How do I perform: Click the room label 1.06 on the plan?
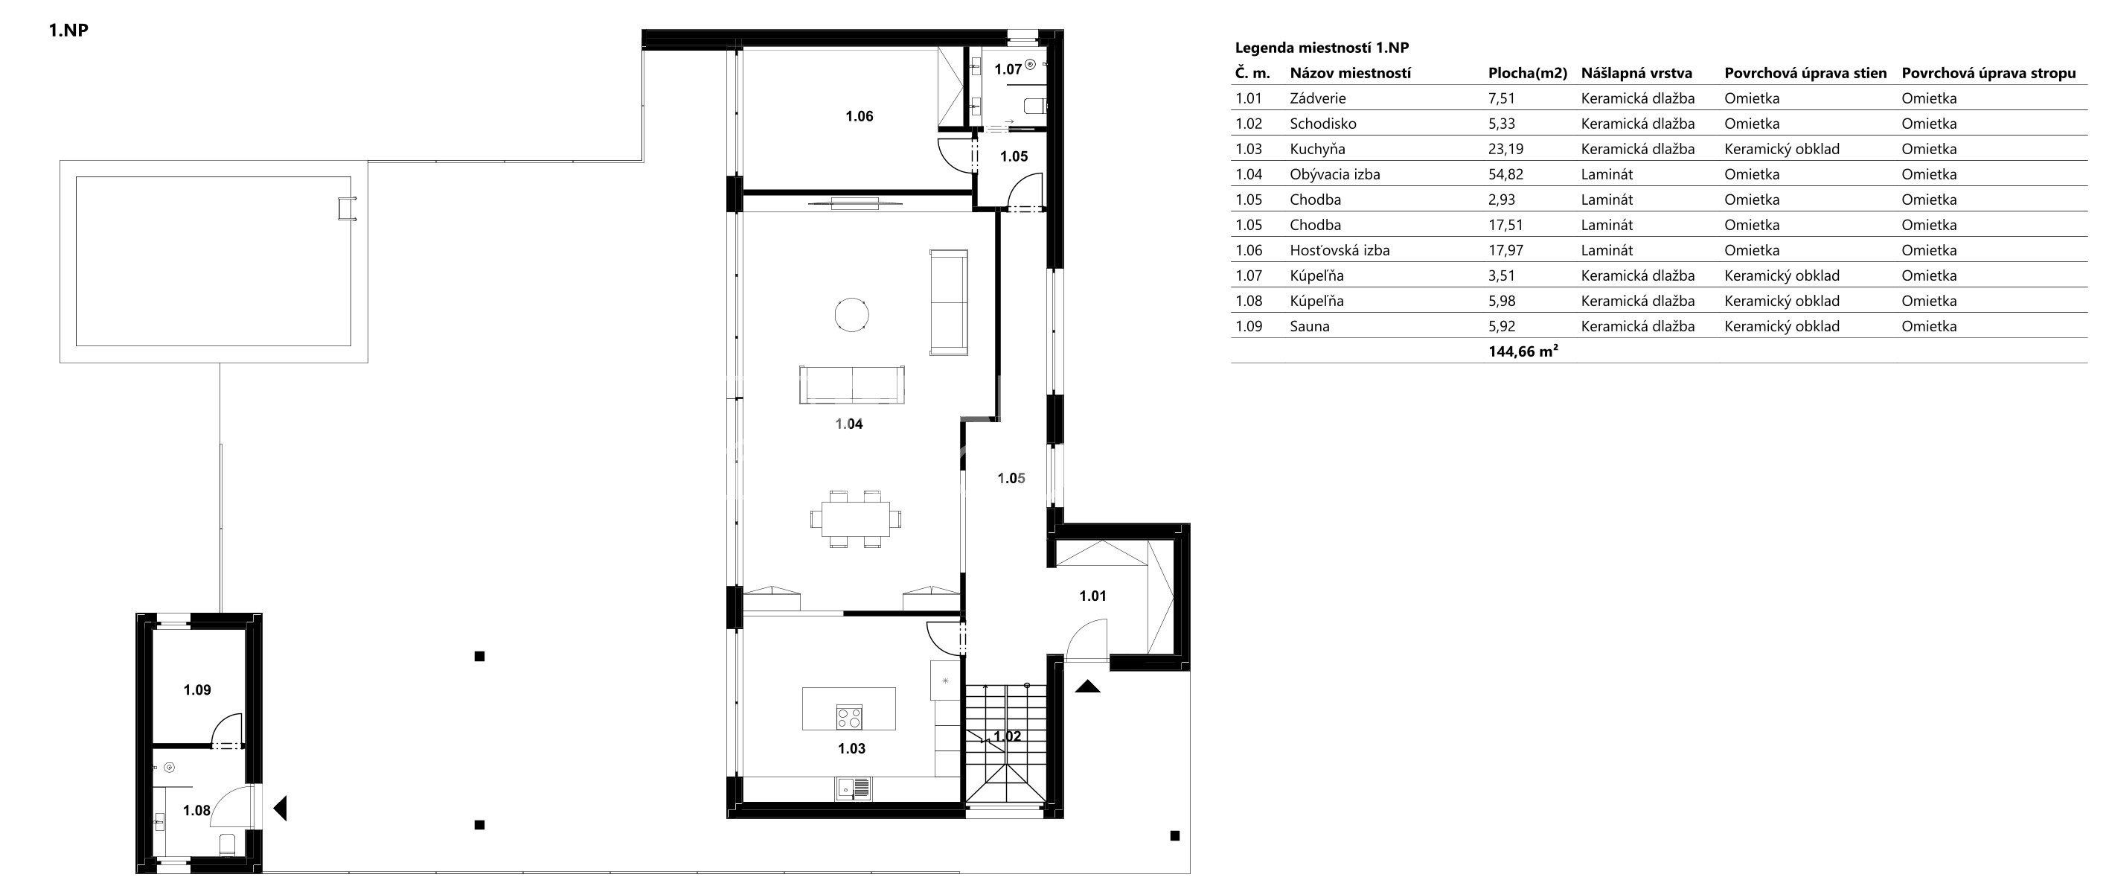(x=859, y=116)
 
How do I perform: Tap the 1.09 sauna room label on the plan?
(x=196, y=690)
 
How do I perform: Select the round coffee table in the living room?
(x=851, y=314)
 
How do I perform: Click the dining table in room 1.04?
(x=856, y=519)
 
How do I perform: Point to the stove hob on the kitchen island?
(x=849, y=717)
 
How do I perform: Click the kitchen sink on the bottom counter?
(x=853, y=789)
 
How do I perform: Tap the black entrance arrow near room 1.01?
(x=1088, y=686)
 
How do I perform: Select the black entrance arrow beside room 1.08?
(x=280, y=809)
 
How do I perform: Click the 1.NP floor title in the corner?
(x=68, y=31)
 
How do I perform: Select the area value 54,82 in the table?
(x=1505, y=174)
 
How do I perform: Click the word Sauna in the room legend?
(x=1310, y=327)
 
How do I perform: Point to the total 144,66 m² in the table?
(x=1523, y=352)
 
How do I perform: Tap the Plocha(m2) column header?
(x=1528, y=74)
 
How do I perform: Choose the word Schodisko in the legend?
(x=1323, y=124)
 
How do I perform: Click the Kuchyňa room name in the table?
(x=1317, y=149)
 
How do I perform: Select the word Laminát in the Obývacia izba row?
(x=1607, y=174)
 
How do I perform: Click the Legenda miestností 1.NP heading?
(x=1322, y=48)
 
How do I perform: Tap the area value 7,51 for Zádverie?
(x=1502, y=99)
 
